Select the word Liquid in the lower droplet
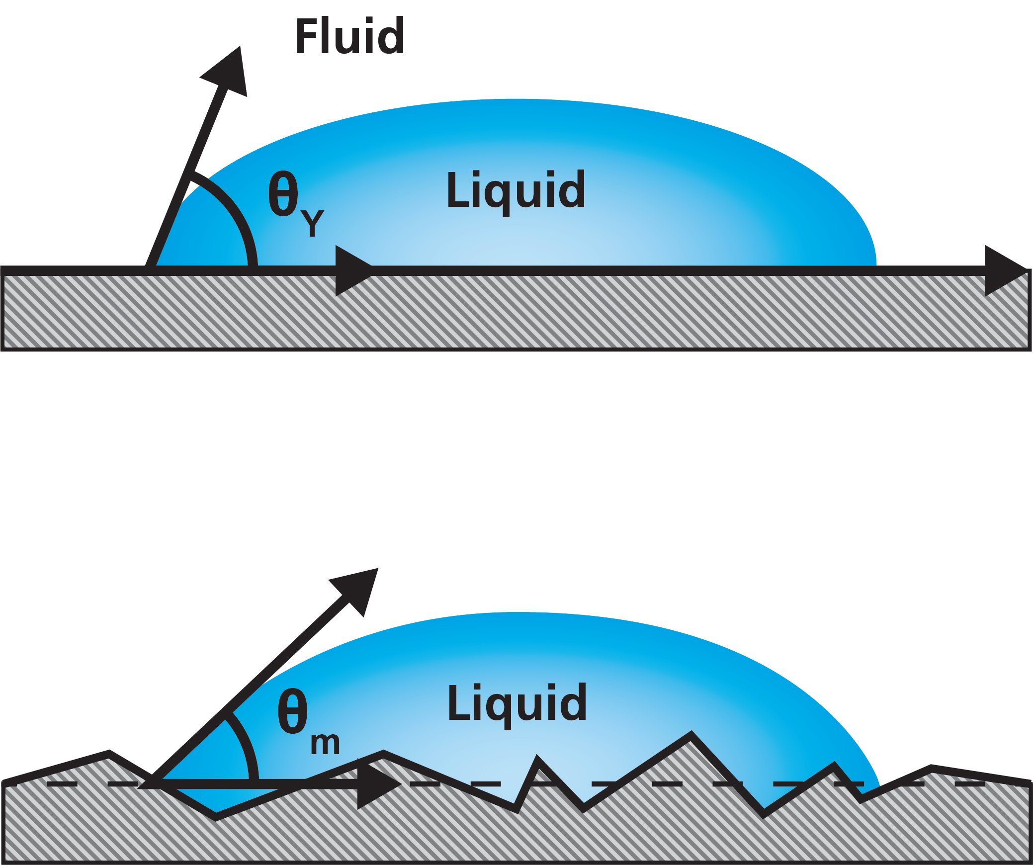tap(516, 703)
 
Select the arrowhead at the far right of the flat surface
tap(1004, 270)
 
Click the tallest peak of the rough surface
tap(691, 735)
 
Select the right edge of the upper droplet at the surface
tap(875, 263)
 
